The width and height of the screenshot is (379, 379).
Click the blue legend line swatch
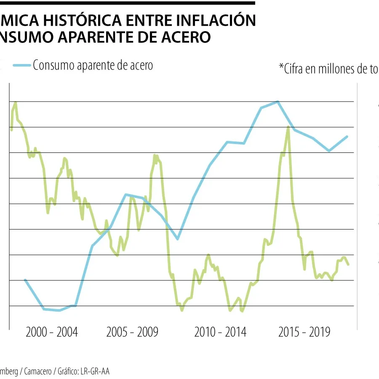(21, 65)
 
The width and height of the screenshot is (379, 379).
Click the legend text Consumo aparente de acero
(93, 65)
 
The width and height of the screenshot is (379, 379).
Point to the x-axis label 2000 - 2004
(52, 332)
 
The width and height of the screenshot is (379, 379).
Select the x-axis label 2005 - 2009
(132, 332)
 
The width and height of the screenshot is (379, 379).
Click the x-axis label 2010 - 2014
(220, 332)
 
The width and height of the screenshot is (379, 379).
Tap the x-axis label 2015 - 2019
(304, 332)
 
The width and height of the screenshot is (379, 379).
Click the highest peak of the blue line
(278, 101)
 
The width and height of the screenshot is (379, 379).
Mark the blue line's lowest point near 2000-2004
(59, 310)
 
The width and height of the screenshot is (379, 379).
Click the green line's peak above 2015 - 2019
(288, 127)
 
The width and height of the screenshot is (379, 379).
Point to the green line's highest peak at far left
(16, 102)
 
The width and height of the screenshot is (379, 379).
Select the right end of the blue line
(347, 136)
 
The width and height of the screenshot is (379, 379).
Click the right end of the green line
(348, 264)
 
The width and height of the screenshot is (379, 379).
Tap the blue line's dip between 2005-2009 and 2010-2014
(178, 239)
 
